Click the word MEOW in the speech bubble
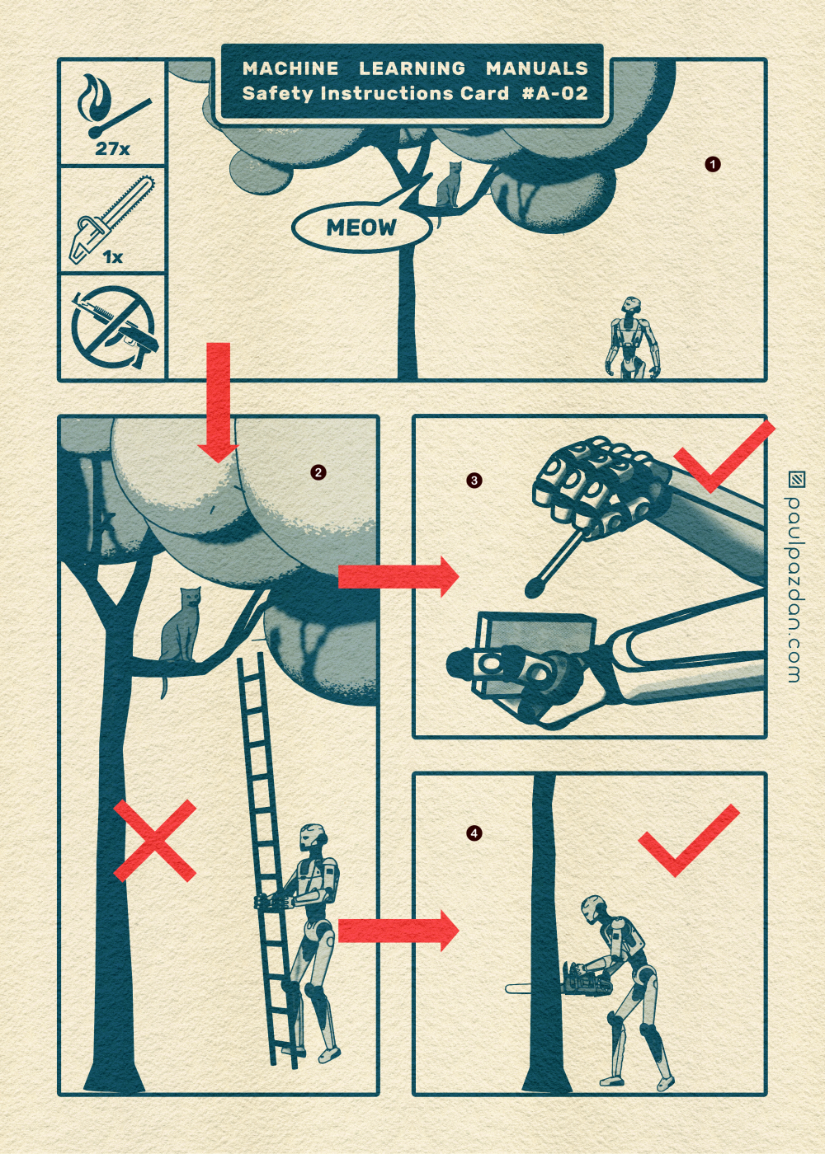click(361, 228)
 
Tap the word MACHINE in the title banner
click(290, 68)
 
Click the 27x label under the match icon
click(112, 149)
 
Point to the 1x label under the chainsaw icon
click(113, 256)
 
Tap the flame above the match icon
click(91, 95)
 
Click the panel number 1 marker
click(713, 164)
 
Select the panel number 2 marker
click(318, 472)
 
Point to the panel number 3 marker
click(474, 481)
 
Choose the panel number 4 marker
click(474, 833)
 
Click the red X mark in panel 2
click(155, 840)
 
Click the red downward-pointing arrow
click(218, 402)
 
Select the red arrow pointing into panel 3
click(398, 576)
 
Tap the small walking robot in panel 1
click(632, 337)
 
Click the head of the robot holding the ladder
click(312, 838)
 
